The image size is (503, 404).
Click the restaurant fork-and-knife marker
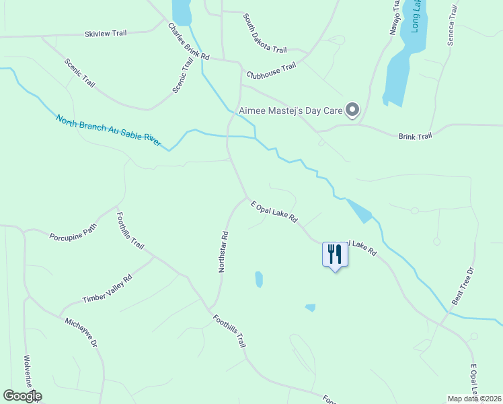point(334,255)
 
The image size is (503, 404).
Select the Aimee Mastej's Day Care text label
point(290,110)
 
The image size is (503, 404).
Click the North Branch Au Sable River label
point(109,131)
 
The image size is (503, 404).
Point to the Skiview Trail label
point(106,34)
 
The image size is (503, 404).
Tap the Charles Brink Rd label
point(188,42)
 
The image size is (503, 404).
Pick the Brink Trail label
point(415,136)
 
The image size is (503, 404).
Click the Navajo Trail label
point(395,17)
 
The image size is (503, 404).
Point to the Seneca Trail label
point(453,26)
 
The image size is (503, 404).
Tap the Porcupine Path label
point(73,234)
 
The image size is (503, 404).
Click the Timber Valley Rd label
point(107,288)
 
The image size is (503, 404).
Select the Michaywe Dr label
point(81,332)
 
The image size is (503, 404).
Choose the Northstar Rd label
point(224,252)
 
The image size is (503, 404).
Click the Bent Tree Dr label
point(463,286)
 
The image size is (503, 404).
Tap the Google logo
point(22,396)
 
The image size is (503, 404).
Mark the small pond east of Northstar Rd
point(259,279)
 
